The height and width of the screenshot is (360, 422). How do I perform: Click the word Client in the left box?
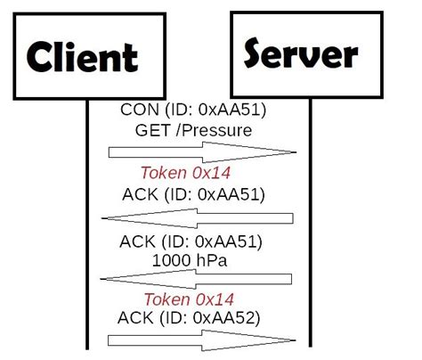point(82,56)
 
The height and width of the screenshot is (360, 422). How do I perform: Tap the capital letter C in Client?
point(40,57)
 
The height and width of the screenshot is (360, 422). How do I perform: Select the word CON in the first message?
point(135,111)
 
